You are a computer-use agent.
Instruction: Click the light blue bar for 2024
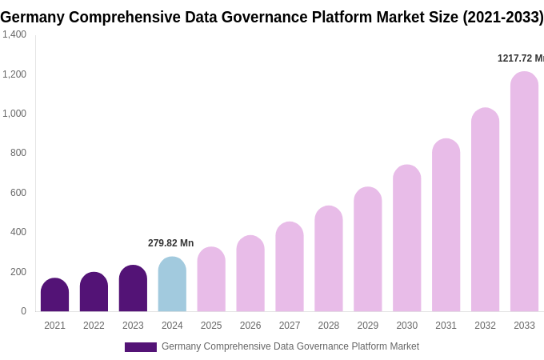pos(172,285)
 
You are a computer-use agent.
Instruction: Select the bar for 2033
pos(524,192)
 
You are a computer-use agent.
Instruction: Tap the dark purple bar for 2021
pos(54,295)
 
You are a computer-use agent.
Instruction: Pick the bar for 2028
pos(329,259)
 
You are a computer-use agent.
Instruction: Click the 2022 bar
pos(94,292)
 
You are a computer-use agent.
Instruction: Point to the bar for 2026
pos(250,274)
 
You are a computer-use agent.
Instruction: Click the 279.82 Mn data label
pos(170,243)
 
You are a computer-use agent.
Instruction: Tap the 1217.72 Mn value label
pos(520,58)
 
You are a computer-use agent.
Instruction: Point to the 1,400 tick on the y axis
pos(14,34)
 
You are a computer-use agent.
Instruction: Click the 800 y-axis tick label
pos(18,153)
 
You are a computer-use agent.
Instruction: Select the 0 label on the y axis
pos(23,311)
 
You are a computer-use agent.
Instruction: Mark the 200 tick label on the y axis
pos(18,272)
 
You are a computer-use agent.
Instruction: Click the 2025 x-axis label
pos(211,326)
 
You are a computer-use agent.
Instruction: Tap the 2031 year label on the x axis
pos(446,326)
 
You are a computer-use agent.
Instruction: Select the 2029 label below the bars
pos(367,326)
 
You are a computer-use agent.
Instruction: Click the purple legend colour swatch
pos(141,347)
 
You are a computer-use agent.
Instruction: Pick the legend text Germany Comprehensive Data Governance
pos(290,346)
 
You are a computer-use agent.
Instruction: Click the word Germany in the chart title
pos(32,17)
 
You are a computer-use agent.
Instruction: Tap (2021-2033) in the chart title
pos(502,17)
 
